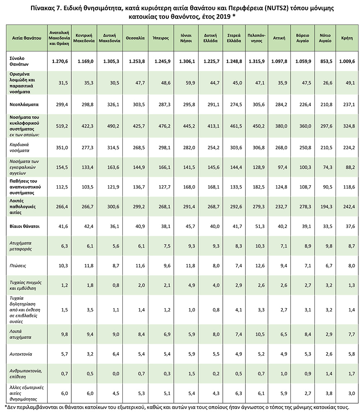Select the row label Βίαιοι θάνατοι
point(24,226)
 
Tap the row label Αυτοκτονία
point(21,354)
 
